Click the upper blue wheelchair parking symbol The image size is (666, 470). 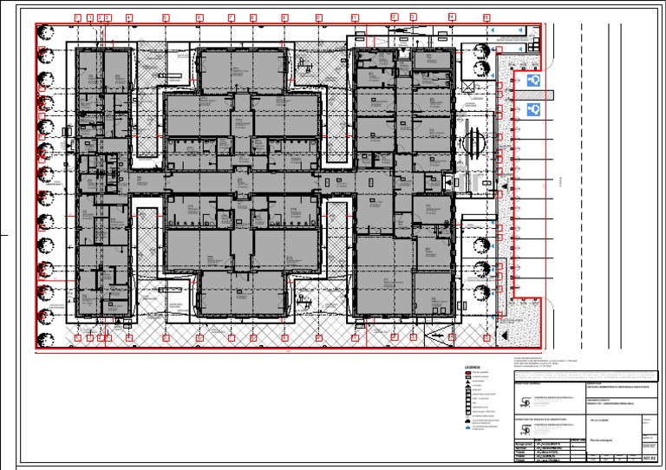coord(534,80)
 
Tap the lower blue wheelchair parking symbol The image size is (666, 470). coord(534,109)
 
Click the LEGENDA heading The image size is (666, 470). coord(473,367)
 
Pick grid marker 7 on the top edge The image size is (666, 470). coord(231,17)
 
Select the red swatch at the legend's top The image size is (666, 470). coord(467,373)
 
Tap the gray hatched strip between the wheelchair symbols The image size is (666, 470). coord(534,95)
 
